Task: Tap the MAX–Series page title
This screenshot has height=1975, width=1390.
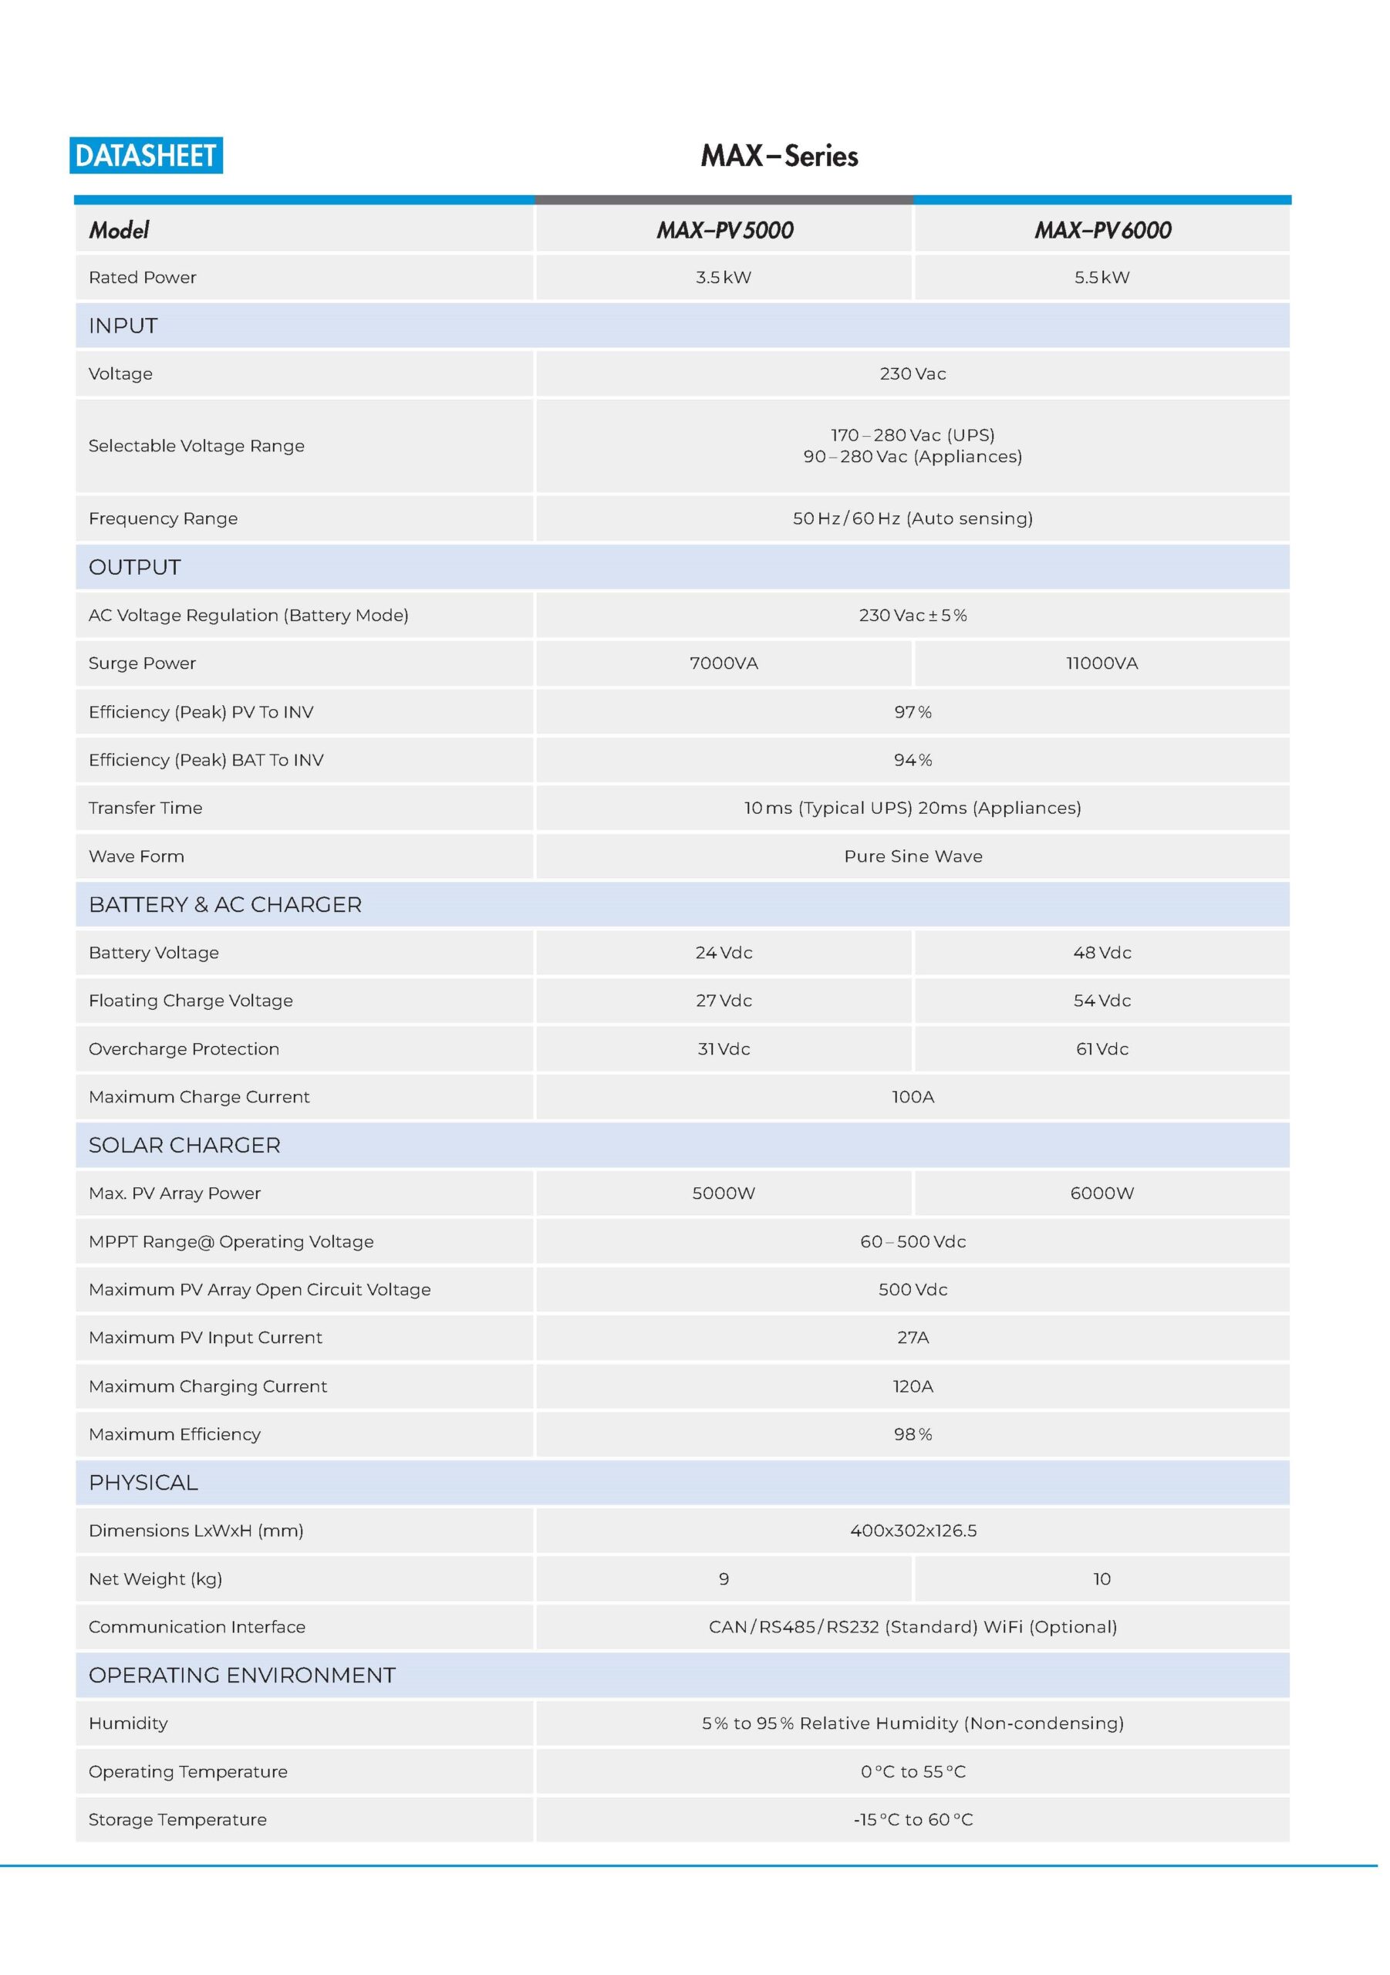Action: (779, 156)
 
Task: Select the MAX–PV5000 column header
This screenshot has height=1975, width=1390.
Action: (724, 230)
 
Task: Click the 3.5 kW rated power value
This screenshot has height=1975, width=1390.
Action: (724, 277)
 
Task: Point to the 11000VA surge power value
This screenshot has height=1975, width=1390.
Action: (1102, 663)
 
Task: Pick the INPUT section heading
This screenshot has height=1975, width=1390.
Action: (123, 326)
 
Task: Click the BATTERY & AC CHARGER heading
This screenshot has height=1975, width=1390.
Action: (225, 904)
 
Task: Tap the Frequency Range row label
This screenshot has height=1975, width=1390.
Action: (164, 518)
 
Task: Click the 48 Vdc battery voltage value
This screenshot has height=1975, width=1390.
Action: (1102, 952)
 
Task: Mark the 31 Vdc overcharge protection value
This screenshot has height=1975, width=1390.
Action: (724, 1048)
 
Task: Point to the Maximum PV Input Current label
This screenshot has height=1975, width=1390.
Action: (206, 1338)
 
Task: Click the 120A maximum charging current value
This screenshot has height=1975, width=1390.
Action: (913, 1386)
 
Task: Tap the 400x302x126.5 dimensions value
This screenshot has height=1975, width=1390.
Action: (913, 1531)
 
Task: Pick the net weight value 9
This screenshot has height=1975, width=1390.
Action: (724, 1578)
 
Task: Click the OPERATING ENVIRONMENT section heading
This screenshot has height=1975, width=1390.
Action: (241, 1675)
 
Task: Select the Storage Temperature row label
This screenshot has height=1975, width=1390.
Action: (177, 1819)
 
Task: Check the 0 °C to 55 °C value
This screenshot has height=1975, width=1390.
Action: (913, 1771)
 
